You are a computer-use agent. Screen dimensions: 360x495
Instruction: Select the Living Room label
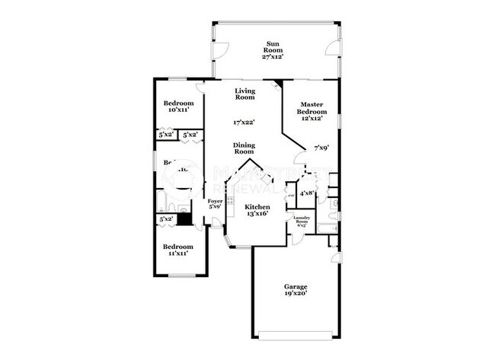(244, 94)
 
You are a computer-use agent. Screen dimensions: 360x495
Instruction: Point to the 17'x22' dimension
(244, 122)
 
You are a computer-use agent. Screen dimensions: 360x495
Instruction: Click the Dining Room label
(244, 148)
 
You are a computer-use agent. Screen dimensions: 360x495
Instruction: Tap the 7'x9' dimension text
(322, 148)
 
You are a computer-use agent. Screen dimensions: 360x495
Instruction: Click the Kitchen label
(257, 207)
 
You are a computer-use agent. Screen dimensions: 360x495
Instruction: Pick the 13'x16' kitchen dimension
(257, 215)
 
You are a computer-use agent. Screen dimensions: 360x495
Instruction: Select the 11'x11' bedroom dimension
(177, 253)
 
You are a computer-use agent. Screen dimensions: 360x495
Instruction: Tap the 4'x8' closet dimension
(307, 193)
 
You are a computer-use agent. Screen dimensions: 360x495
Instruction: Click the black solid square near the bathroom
(183, 206)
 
